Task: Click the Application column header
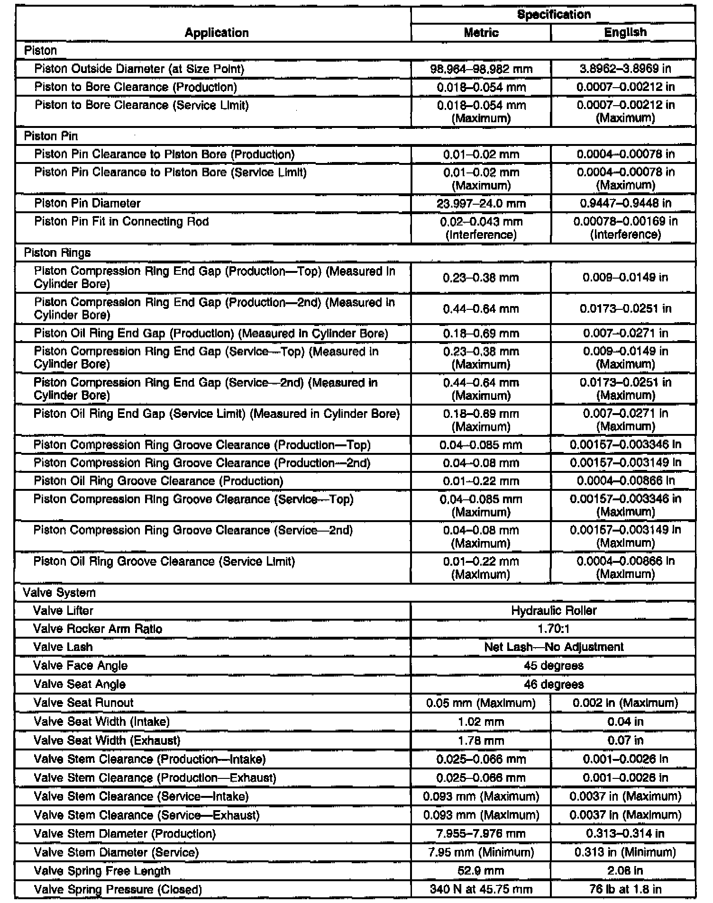tap(217, 33)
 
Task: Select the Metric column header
tap(481, 33)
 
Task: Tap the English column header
tap(625, 33)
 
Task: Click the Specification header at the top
tap(554, 15)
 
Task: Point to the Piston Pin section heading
tap(51, 136)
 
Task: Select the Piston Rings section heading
tap(57, 253)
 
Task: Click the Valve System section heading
tap(59, 593)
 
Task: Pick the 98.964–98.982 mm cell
tap(481, 69)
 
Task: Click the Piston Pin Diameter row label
tap(88, 204)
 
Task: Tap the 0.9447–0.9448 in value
tap(625, 204)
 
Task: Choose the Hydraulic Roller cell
tap(554, 611)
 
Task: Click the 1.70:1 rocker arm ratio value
tap(554, 629)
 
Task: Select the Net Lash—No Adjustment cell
tap(554, 647)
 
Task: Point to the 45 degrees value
tap(554, 666)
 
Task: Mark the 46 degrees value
tap(554, 685)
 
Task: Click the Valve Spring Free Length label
tap(102, 871)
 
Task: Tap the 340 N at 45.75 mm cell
tap(481, 889)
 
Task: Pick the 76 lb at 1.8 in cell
tap(625, 889)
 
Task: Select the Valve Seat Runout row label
tap(83, 703)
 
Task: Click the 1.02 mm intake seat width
tap(481, 722)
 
